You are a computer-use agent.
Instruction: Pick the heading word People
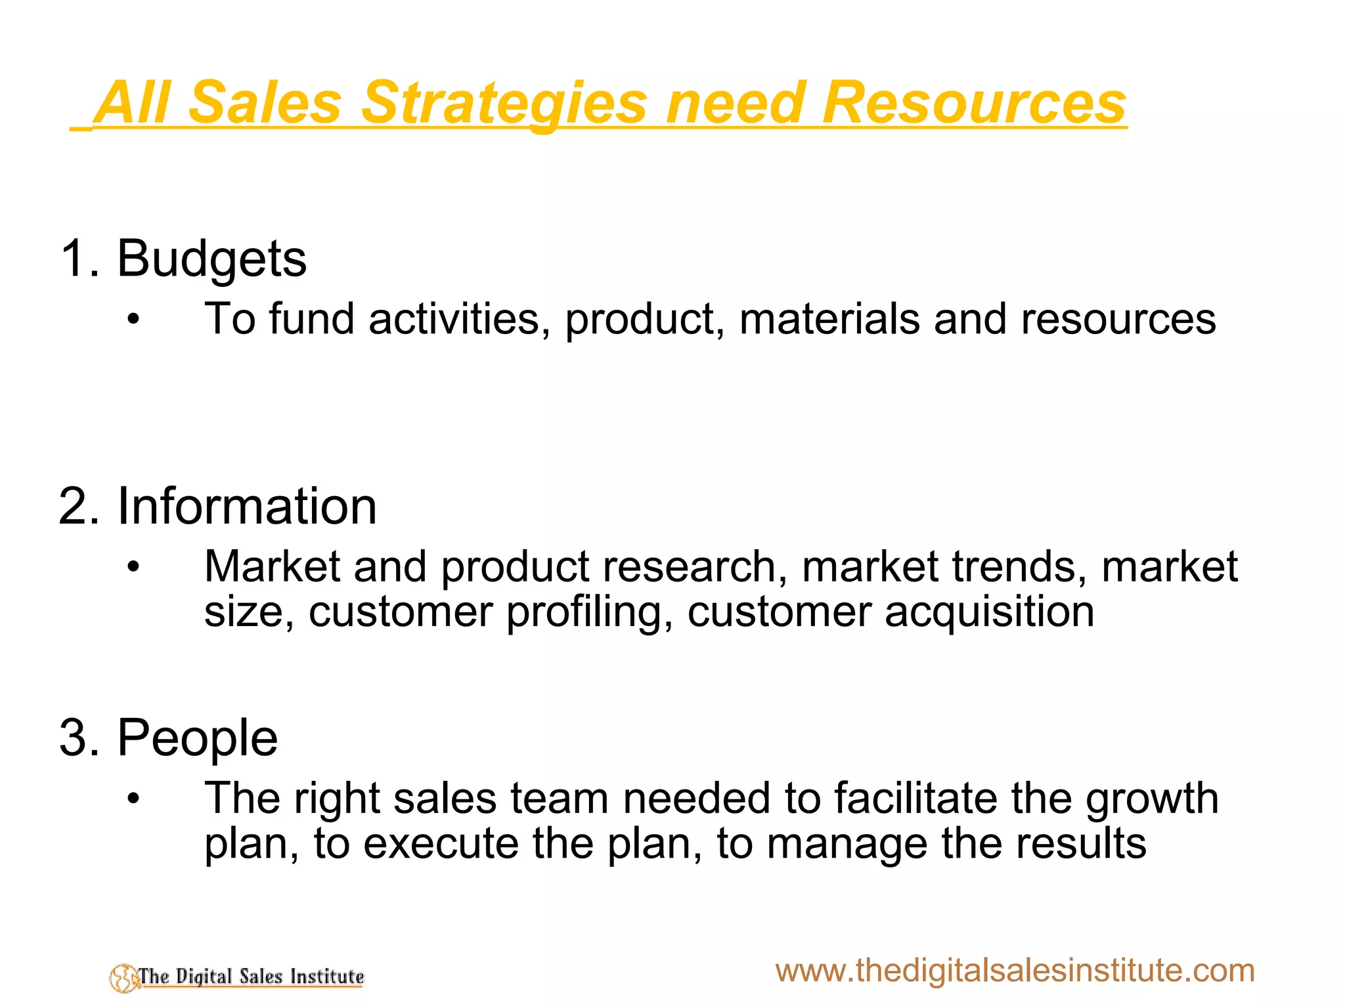(197, 738)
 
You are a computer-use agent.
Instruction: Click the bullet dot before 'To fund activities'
(134, 320)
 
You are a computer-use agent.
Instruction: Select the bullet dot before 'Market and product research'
(134, 567)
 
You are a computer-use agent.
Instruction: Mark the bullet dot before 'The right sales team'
(134, 799)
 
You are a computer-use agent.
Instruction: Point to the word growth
(1152, 799)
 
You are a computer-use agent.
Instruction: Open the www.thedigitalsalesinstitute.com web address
(1015, 970)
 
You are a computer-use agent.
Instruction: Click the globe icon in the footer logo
(123, 978)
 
